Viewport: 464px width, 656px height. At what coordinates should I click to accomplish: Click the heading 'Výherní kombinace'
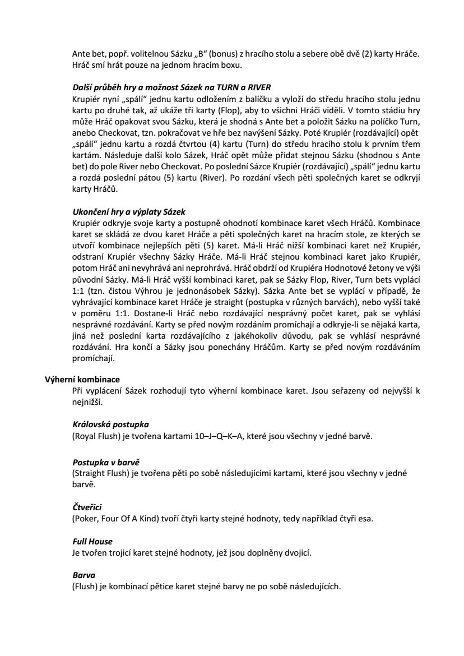[x=82, y=379]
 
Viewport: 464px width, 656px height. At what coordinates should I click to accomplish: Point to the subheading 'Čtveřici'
[x=87, y=508]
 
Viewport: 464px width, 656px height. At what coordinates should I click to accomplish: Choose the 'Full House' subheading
[x=92, y=542]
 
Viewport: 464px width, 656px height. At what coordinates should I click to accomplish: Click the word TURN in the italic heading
[x=229, y=87]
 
